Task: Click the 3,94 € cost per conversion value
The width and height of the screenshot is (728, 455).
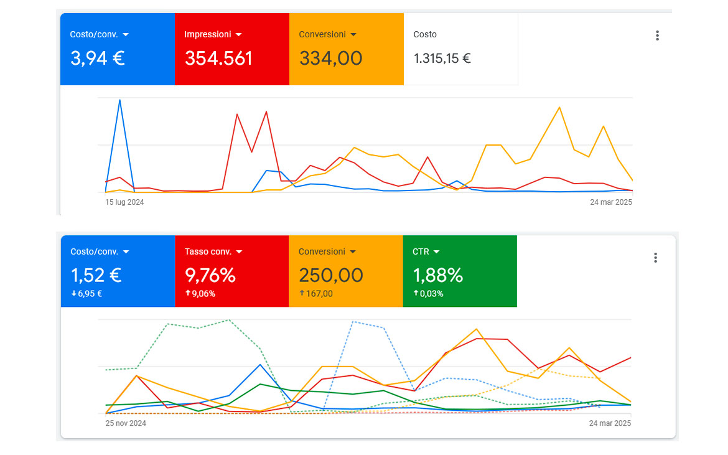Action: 98,59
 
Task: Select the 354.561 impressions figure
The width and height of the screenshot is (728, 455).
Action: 218,59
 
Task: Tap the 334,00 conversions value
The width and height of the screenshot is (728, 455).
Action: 330,59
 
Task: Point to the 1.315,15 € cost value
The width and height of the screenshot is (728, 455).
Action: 442,59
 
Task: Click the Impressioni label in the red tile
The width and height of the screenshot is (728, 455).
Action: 208,34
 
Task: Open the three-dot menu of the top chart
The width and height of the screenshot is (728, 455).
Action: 657,35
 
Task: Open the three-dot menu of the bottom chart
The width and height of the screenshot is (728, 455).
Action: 655,258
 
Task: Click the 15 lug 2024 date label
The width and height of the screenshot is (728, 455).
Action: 124,202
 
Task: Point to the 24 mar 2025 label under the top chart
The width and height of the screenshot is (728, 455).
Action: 610,202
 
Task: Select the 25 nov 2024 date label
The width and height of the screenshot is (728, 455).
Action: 126,423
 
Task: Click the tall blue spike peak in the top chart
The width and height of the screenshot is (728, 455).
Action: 119,100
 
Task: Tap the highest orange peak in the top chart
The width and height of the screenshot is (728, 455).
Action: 559,107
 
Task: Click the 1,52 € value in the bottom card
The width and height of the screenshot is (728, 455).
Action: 96,275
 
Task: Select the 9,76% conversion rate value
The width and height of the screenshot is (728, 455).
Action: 210,275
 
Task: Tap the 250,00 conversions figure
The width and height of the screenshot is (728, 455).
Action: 330,275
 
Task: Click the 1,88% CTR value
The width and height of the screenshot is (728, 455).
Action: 438,275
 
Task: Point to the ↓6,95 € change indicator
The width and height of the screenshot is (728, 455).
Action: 86,294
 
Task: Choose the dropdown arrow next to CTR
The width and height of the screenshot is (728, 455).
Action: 436,252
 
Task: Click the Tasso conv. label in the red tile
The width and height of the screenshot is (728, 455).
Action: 208,252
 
